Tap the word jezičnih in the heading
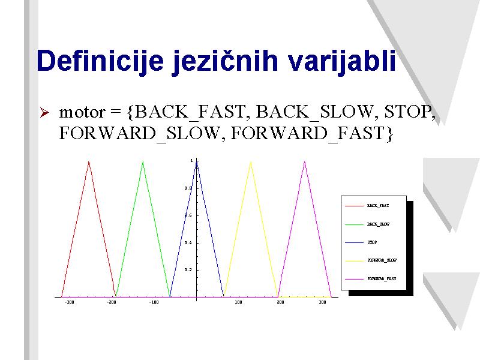pyautogui.click(x=225, y=61)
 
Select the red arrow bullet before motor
pyautogui.click(x=44, y=112)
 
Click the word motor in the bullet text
pyautogui.click(x=82, y=112)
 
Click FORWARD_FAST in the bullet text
pyautogui.click(x=311, y=133)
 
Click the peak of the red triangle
pyautogui.click(x=89, y=161)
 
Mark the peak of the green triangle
pyautogui.click(x=143, y=161)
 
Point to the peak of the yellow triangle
pyautogui.click(x=251, y=161)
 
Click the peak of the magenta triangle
pyautogui.click(x=305, y=161)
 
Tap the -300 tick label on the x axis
pyautogui.click(x=69, y=302)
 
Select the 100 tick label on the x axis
pyautogui.click(x=238, y=302)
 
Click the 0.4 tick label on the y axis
pyautogui.click(x=188, y=243)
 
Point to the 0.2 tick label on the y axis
pyautogui.click(x=188, y=270)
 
